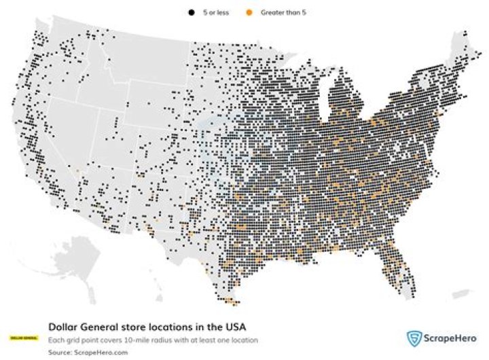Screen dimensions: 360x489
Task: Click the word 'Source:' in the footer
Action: coord(59,352)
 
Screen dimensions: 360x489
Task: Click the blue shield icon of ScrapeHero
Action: coord(413,339)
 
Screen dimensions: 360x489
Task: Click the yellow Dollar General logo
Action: coord(24,338)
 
